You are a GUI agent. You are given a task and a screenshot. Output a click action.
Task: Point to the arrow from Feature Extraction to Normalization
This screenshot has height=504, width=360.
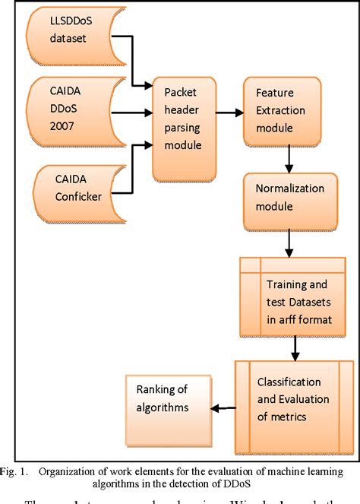coord(289,160)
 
